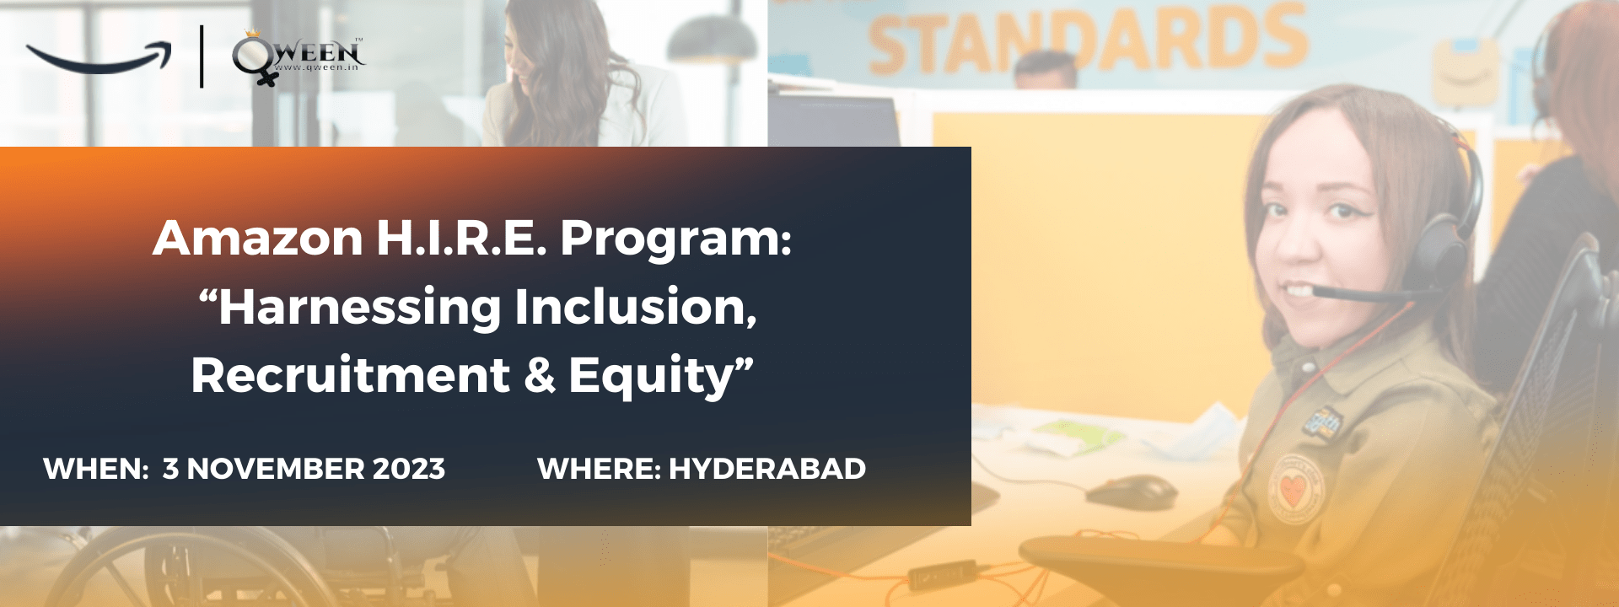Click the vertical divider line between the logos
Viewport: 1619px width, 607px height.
point(202,56)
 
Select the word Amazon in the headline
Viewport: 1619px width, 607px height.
point(258,238)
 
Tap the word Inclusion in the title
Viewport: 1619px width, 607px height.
point(636,307)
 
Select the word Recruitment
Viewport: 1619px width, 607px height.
point(351,375)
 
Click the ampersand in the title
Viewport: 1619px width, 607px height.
point(540,376)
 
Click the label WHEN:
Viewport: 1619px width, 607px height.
point(96,469)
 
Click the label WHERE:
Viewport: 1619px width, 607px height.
point(599,469)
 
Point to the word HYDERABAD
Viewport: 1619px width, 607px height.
point(767,469)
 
